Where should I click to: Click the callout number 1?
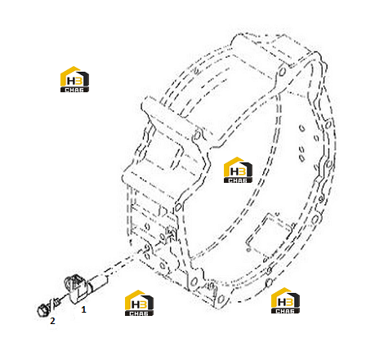83,309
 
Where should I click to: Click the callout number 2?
52,321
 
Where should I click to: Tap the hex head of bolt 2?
42,310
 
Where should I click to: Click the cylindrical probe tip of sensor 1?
98,282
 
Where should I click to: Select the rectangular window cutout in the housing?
270,235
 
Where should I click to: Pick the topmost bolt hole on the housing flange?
283,72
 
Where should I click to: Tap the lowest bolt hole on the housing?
221,300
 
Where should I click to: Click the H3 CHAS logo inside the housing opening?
238,170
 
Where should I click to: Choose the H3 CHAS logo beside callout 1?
139,303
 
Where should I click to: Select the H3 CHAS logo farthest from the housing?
74,79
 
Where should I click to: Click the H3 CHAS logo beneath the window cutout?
285,300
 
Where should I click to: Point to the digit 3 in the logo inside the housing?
242,171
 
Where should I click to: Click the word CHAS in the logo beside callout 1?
139,313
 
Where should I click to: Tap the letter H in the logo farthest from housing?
70,81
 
